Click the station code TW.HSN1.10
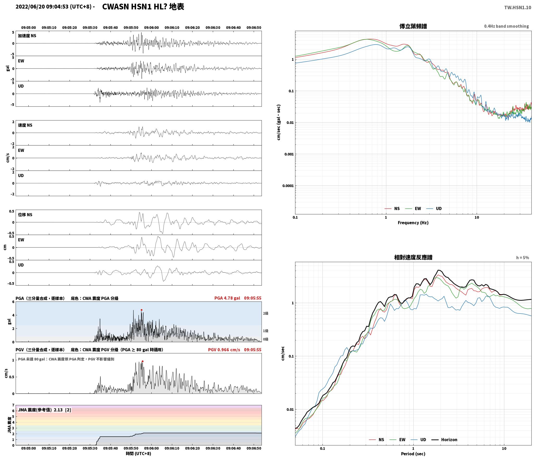(x=518, y=8)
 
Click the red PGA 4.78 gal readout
(x=227, y=298)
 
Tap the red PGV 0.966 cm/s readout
(x=224, y=350)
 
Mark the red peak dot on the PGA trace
(x=141, y=310)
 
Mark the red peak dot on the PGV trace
(x=142, y=361)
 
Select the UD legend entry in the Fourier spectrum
(x=434, y=209)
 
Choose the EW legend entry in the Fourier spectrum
(x=413, y=209)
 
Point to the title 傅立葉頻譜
(x=413, y=26)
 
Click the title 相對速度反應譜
(x=413, y=257)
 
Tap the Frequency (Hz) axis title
(x=413, y=223)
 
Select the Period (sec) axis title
(x=413, y=454)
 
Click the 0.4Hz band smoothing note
(x=507, y=26)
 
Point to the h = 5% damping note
(x=523, y=258)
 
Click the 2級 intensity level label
(x=265, y=313)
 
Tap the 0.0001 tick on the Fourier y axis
(x=288, y=186)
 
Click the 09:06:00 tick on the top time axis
(x=151, y=28)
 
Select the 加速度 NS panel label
(x=27, y=36)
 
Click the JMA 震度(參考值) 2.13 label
(x=44, y=410)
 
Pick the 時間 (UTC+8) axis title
(x=139, y=454)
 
